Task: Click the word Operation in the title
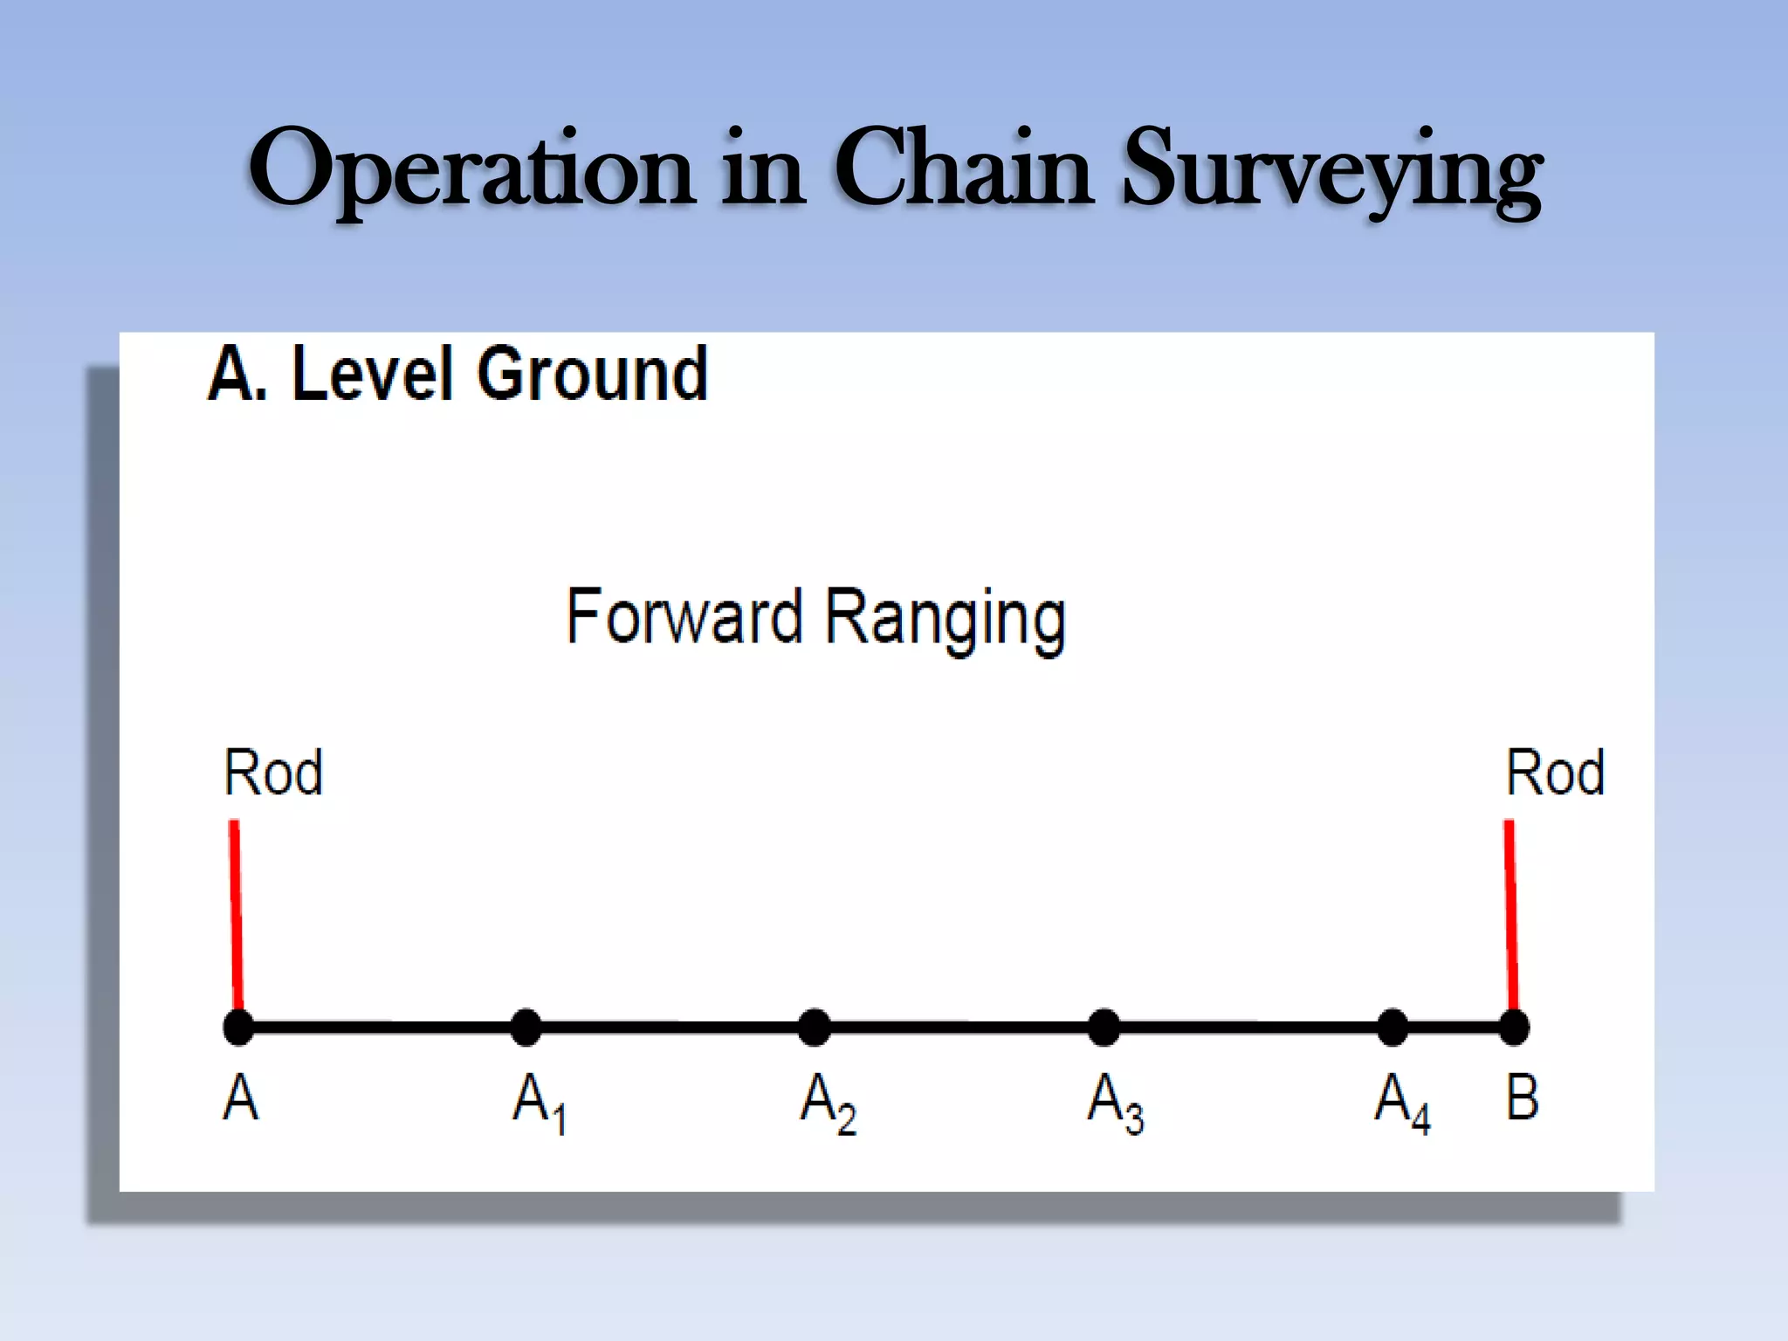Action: pyautogui.click(x=471, y=170)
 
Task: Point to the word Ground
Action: pyautogui.click(x=592, y=375)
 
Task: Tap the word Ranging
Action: pyautogui.click(x=946, y=619)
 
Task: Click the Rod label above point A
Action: pyautogui.click(x=273, y=773)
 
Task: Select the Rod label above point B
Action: pyautogui.click(x=1555, y=773)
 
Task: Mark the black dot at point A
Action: pyautogui.click(x=239, y=1027)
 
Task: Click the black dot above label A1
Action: pyautogui.click(x=526, y=1027)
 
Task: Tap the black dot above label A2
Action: pyautogui.click(x=815, y=1027)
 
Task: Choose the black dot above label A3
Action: pyautogui.click(x=1104, y=1027)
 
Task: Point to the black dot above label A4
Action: pyautogui.click(x=1393, y=1027)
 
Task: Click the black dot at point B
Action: pyautogui.click(x=1514, y=1027)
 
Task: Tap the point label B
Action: pyautogui.click(x=1522, y=1097)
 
